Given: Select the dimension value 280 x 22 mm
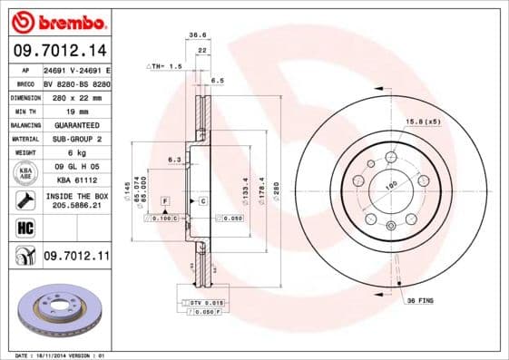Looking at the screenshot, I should (76, 95).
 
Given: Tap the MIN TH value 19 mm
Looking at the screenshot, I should (76, 109).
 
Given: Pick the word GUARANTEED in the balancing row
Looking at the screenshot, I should (76, 124).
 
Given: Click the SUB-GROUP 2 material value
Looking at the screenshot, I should (76, 139).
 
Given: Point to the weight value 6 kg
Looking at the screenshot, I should (76, 153).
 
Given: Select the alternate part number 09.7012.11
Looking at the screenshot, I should (76, 257).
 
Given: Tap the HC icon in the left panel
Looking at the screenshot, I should (22, 228).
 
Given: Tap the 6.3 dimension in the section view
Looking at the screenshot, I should (174, 160).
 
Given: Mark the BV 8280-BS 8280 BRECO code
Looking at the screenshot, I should (76, 81).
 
